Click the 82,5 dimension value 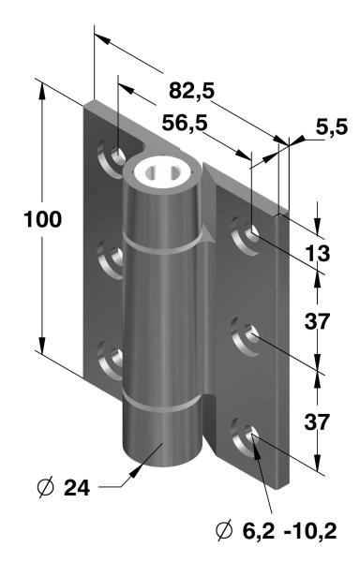point(191,90)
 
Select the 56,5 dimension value point(185,123)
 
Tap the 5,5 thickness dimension point(332,126)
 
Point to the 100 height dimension point(43,219)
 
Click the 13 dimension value point(317,254)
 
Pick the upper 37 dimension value point(317,320)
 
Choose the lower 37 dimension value point(317,421)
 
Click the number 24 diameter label point(77,488)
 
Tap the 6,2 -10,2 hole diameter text point(290,531)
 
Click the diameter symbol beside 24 point(45,487)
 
